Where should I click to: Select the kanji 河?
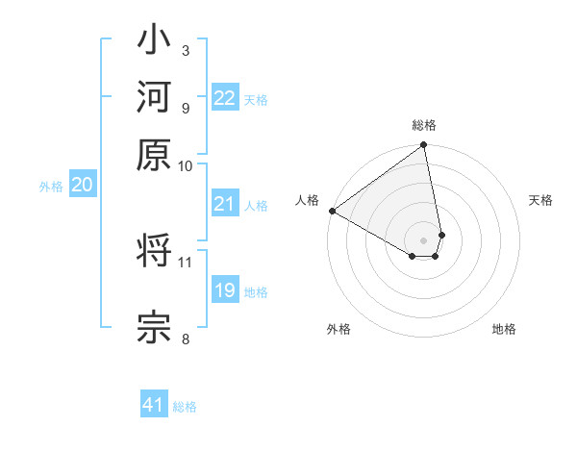154,99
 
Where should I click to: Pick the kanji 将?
154,253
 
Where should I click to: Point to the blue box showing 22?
225,98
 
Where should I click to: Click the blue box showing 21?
225,204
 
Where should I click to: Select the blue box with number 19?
225,290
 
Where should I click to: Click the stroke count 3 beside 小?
185,50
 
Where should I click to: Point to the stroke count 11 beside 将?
186,262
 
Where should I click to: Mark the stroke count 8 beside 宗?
185,338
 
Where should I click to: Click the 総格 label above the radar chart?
424,126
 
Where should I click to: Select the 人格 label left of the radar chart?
308,200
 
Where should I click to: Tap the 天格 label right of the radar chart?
540,200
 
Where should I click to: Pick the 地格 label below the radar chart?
504,330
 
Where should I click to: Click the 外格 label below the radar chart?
339,330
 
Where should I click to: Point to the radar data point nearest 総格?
424,146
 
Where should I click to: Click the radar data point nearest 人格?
332,211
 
